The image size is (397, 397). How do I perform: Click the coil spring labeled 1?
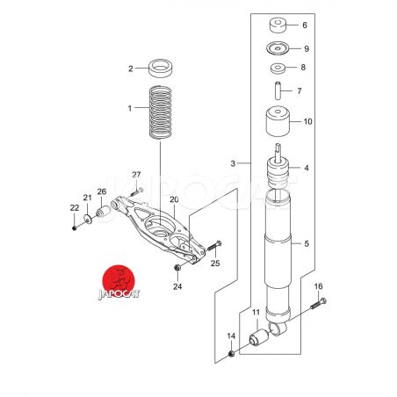[161, 112]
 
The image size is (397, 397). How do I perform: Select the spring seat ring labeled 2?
[161, 69]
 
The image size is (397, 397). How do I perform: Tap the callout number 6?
[305, 25]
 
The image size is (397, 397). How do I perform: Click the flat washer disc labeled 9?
[278, 48]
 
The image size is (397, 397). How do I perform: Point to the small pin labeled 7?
[278, 91]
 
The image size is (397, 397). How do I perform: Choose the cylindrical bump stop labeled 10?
[278, 121]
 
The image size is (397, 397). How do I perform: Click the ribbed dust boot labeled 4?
[278, 173]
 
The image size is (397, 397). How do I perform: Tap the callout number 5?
[307, 243]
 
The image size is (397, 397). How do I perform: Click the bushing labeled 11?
[258, 337]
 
